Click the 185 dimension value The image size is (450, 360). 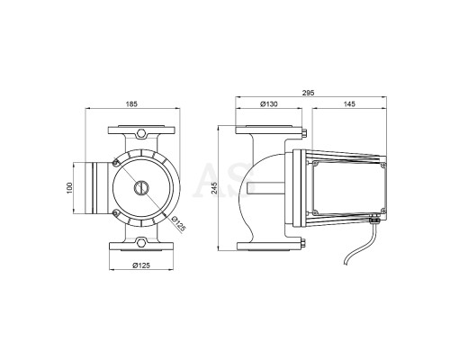click(131, 104)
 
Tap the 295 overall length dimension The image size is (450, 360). click(309, 93)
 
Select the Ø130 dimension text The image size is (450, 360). click(269, 104)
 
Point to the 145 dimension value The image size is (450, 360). click(349, 104)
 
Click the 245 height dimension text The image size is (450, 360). click(215, 188)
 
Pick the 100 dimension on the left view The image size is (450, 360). click(69, 188)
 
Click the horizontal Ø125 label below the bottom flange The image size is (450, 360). click(141, 265)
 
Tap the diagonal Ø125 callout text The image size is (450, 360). click(177, 224)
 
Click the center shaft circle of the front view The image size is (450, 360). click(141, 188)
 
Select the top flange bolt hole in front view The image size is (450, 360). click(140, 132)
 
